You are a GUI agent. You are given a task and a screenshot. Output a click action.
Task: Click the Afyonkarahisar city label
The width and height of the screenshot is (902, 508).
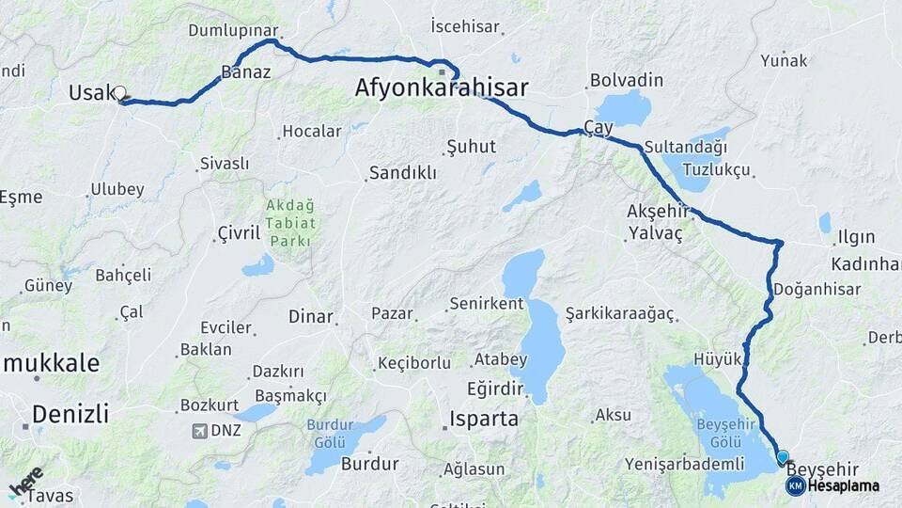click(x=442, y=88)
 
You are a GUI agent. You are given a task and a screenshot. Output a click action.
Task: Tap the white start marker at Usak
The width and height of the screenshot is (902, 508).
click(x=120, y=93)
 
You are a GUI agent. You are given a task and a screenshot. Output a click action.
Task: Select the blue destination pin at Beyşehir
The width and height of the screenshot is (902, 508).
click(x=783, y=457)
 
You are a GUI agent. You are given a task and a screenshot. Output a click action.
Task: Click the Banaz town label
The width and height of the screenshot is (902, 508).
click(x=245, y=71)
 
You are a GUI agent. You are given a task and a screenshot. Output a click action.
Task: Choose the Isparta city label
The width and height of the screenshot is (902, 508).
click(x=484, y=419)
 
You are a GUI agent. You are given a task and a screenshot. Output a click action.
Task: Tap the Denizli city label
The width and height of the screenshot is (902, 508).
click(x=70, y=413)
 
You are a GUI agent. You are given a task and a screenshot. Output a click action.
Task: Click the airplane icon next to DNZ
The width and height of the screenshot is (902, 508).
click(x=199, y=431)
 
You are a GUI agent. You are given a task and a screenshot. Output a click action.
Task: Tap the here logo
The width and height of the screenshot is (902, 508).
click(x=26, y=481)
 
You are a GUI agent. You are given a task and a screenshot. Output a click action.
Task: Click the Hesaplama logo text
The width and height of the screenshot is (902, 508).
click(x=843, y=485)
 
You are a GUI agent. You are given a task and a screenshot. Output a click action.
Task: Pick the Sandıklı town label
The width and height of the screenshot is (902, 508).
click(x=402, y=173)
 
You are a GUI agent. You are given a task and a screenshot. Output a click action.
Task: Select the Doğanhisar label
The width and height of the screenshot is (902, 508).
click(x=818, y=290)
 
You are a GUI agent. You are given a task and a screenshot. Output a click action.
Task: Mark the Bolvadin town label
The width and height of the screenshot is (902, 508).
click(x=627, y=81)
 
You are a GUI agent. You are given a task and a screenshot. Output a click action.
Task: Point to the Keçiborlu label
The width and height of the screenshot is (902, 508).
click(x=416, y=363)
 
